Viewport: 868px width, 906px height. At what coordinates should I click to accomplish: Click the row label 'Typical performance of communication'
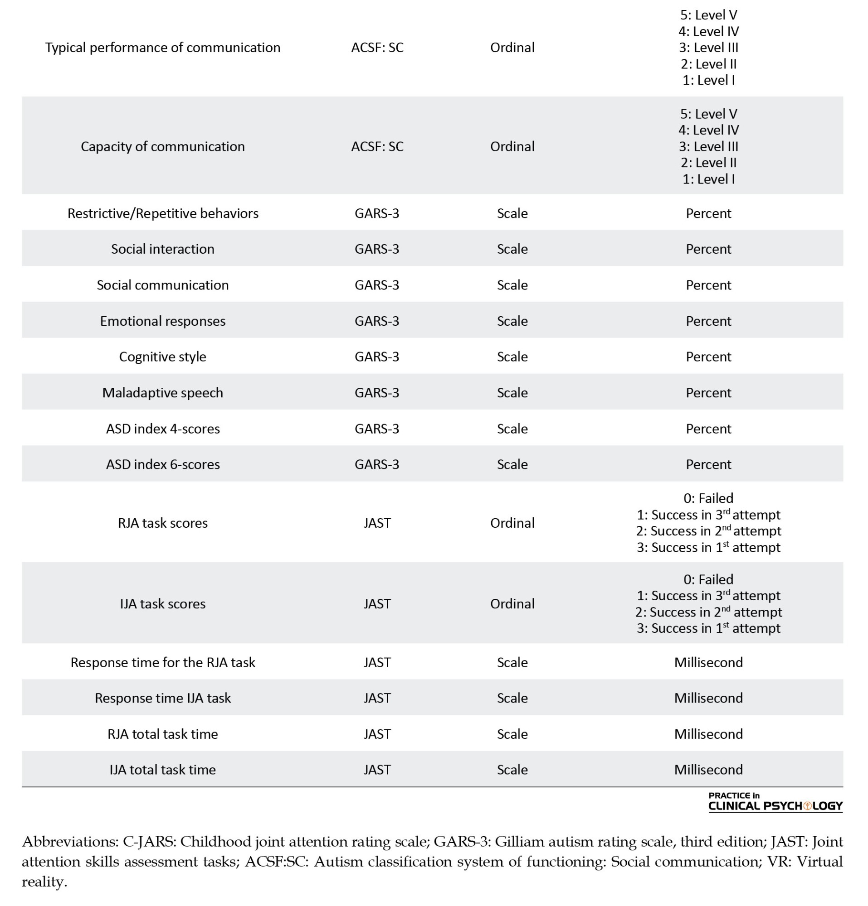(162, 48)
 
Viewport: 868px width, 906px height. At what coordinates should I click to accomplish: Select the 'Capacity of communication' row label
(162, 146)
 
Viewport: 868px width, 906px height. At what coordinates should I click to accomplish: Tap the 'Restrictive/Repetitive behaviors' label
(162, 213)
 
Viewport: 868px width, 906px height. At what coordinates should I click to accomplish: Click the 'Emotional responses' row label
(162, 321)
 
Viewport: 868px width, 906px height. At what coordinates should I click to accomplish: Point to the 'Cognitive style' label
(162, 357)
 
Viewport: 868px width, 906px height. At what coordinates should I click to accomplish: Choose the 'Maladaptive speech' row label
(162, 392)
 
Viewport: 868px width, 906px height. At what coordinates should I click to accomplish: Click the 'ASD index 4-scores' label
(162, 429)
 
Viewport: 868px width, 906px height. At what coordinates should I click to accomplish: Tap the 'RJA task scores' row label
(162, 523)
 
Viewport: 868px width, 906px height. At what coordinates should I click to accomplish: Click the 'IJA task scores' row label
(162, 604)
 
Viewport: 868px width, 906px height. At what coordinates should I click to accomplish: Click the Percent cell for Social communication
(708, 285)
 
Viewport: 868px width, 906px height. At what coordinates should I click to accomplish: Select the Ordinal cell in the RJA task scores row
(512, 523)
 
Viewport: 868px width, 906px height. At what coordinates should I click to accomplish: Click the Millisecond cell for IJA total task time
(708, 770)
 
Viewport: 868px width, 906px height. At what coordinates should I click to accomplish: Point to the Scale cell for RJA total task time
(512, 734)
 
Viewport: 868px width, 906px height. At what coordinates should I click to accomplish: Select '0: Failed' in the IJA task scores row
(708, 579)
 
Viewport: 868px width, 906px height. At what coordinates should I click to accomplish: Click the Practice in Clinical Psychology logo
(775, 802)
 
